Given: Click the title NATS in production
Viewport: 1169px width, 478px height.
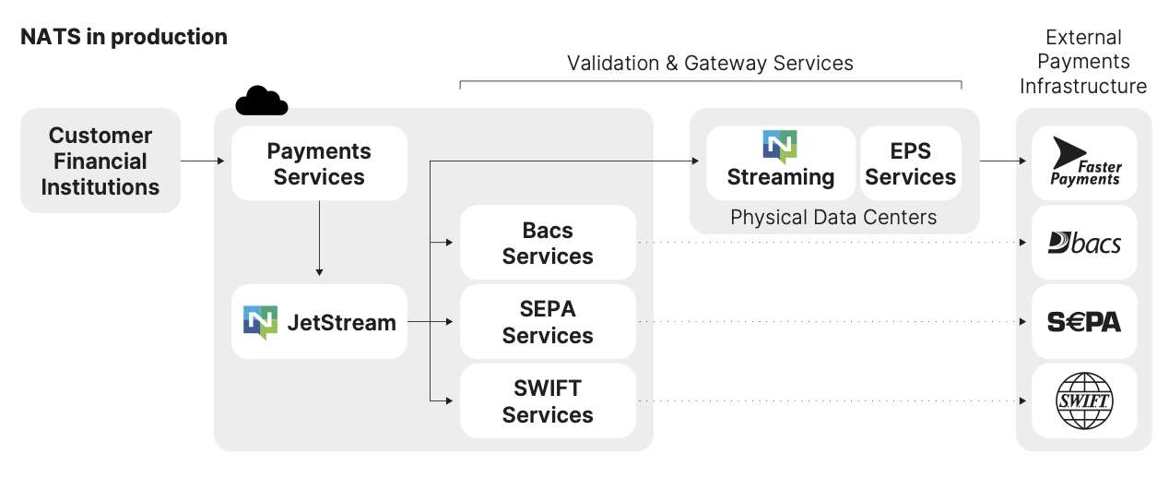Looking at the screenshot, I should [x=124, y=37].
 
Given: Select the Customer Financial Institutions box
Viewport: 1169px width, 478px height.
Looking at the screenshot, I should [x=100, y=161].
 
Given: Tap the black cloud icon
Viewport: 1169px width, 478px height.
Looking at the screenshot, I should [x=261, y=101].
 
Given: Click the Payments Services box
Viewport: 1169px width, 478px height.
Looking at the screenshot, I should [x=319, y=164].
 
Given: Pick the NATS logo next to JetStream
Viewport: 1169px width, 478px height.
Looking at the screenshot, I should [x=260, y=322].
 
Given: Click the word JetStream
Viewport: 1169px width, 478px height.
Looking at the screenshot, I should [x=341, y=323].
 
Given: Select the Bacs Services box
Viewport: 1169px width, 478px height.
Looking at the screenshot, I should [x=548, y=243].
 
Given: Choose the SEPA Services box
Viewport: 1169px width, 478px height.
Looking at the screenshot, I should [x=548, y=322].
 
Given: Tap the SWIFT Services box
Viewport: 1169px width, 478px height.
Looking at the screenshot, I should [x=548, y=401].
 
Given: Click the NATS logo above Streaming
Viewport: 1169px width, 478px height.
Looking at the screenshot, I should [x=780, y=147].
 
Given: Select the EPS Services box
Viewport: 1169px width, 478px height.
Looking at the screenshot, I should [x=910, y=164].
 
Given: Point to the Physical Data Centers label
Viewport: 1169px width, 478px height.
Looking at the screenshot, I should [x=833, y=218].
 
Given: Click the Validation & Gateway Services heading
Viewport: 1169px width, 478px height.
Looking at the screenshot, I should [x=710, y=63].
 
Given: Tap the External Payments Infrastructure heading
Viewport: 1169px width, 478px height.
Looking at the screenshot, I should [x=1083, y=62].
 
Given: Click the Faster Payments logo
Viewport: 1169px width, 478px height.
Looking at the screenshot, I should [x=1084, y=163].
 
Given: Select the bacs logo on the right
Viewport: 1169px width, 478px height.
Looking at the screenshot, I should [x=1084, y=243].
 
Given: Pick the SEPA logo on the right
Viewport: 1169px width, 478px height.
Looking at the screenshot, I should [x=1084, y=322].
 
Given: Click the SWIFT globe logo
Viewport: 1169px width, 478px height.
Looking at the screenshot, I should [x=1084, y=401].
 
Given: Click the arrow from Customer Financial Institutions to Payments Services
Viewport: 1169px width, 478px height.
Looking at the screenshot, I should [x=203, y=161].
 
